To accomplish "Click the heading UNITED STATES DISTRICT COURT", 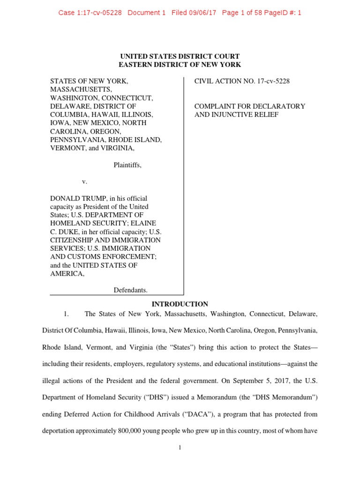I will pyautogui.click(x=180, y=56).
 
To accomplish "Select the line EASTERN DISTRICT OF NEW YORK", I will pyautogui.click(x=180, y=65).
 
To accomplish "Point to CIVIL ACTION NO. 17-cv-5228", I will pyautogui.click(x=242, y=81).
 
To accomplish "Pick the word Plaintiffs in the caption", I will pyautogui.click(x=127, y=165).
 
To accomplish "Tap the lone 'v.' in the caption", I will pyautogui.click(x=85, y=181).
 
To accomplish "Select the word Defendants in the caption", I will pyautogui.click(x=131, y=290).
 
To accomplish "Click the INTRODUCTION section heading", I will pyautogui.click(x=180, y=304).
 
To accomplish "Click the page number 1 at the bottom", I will pyautogui.click(x=180, y=448).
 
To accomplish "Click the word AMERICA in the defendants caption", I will pyautogui.click(x=67, y=274).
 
